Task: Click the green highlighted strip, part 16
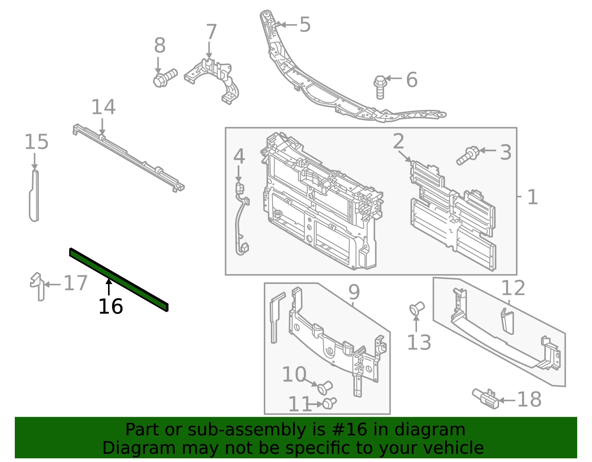point(118,279)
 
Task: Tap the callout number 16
point(111,307)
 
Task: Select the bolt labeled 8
point(165,78)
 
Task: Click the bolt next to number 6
point(380,87)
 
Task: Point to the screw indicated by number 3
point(468,155)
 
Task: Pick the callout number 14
point(103,107)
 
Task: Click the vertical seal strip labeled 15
point(34,195)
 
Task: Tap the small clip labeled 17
point(38,286)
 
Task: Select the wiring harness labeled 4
point(241,219)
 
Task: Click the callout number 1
point(532,197)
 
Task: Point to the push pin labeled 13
point(417,308)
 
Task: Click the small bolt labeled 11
point(329,403)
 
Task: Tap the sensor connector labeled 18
point(485,399)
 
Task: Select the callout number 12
point(513,288)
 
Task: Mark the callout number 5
point(305,24)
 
